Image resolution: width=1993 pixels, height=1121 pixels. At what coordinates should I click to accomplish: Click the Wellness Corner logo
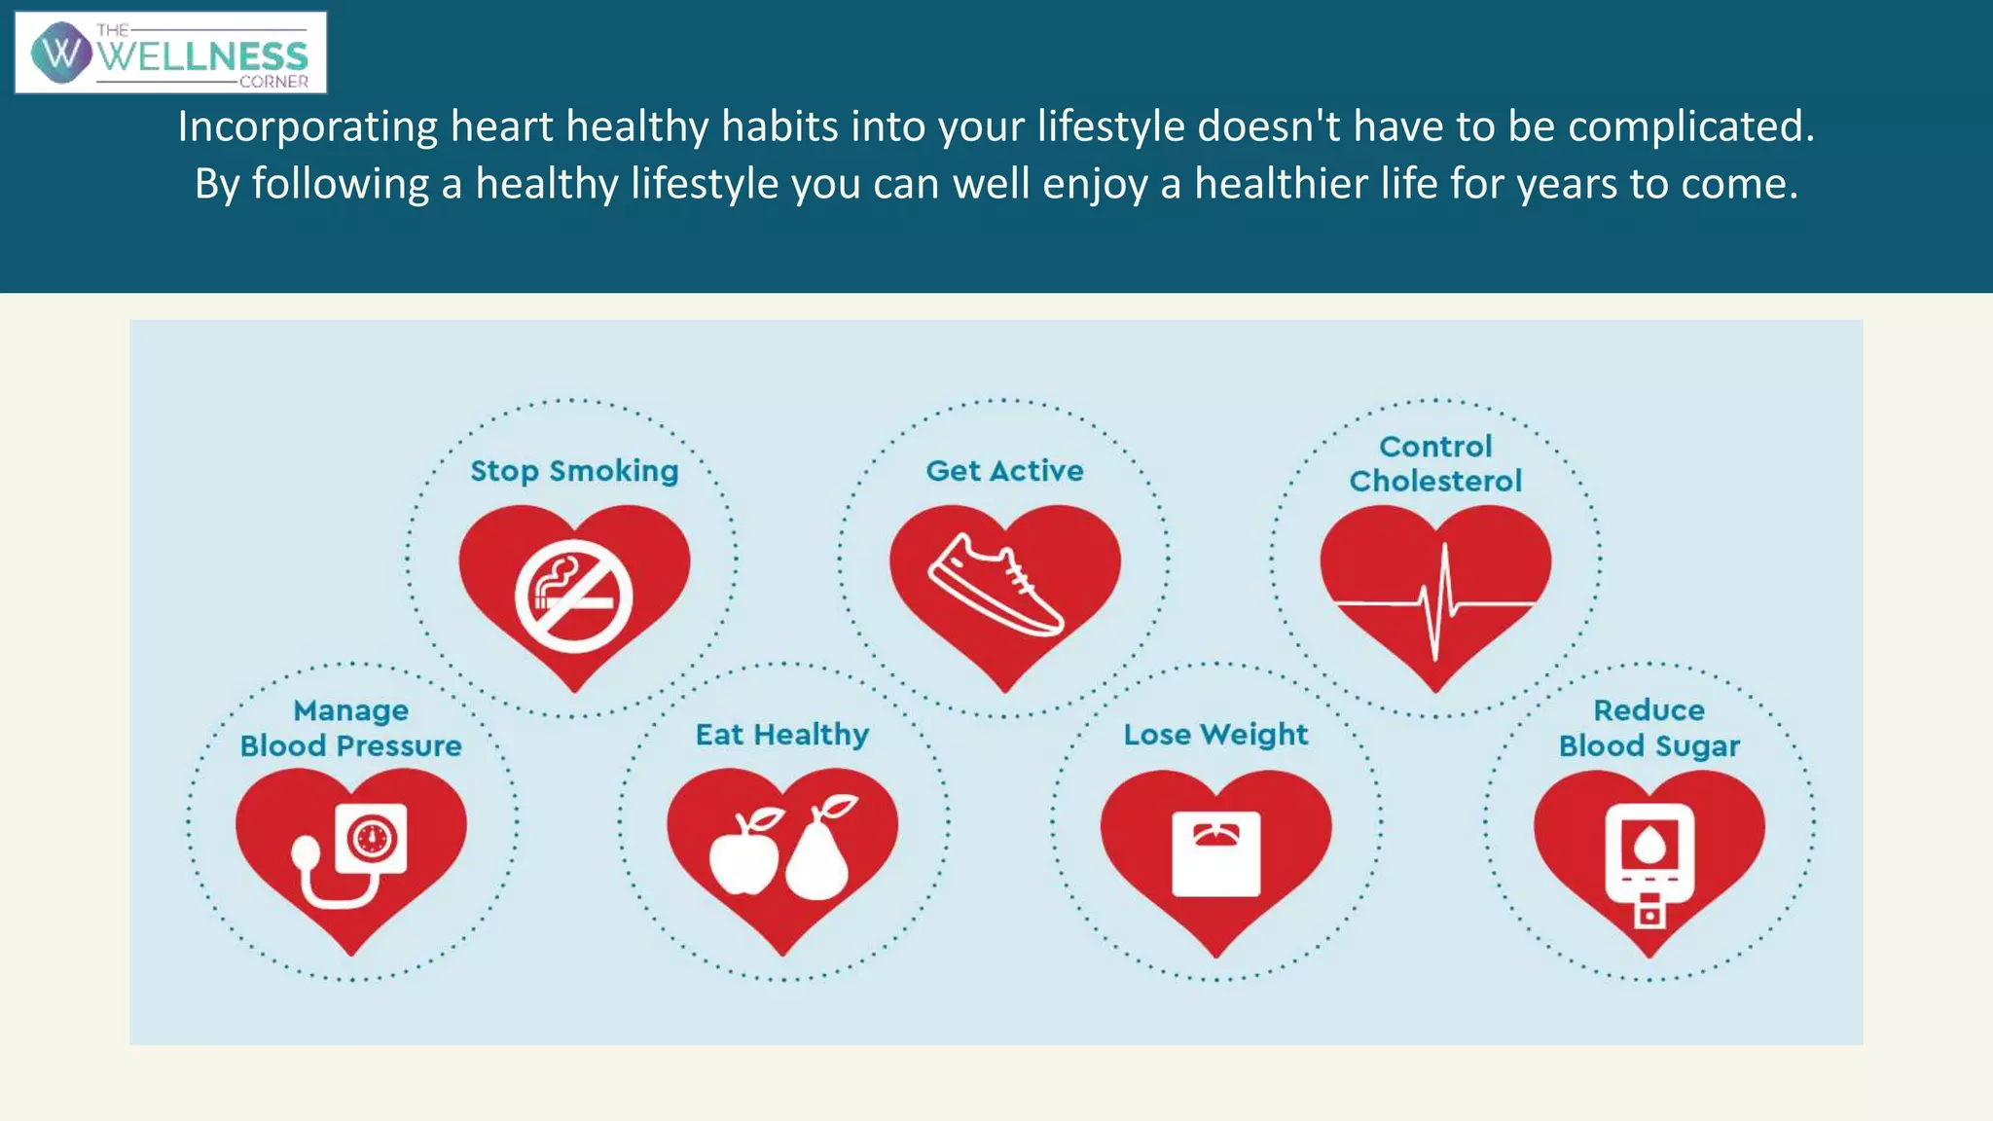pos(171,54)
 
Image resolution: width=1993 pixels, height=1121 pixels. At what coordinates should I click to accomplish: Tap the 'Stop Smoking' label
pos(574,471)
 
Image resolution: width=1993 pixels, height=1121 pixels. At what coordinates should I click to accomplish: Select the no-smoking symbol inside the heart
pos(574,596)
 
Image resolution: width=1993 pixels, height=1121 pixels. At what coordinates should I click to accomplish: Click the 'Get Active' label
pos(1004,471)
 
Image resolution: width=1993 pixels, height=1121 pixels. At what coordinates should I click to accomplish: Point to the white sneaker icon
pos(996,584)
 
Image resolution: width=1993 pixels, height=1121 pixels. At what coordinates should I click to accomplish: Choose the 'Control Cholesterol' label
pos(1435,463)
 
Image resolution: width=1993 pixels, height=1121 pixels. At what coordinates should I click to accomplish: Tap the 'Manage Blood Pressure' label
pos(351,728)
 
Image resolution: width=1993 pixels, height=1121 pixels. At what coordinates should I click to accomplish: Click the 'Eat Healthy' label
pos(782,735)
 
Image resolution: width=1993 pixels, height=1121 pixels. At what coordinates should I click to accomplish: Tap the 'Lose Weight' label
pos(1215,735)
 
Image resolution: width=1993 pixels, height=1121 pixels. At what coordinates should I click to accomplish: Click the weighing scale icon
pos(1216,853)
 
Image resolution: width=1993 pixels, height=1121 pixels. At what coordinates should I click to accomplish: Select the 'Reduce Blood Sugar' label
pos(1649,728)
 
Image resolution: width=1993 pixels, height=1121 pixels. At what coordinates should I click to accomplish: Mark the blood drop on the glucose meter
pos(1649,844)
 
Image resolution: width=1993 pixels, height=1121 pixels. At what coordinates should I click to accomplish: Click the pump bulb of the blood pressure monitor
pos(306,853)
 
